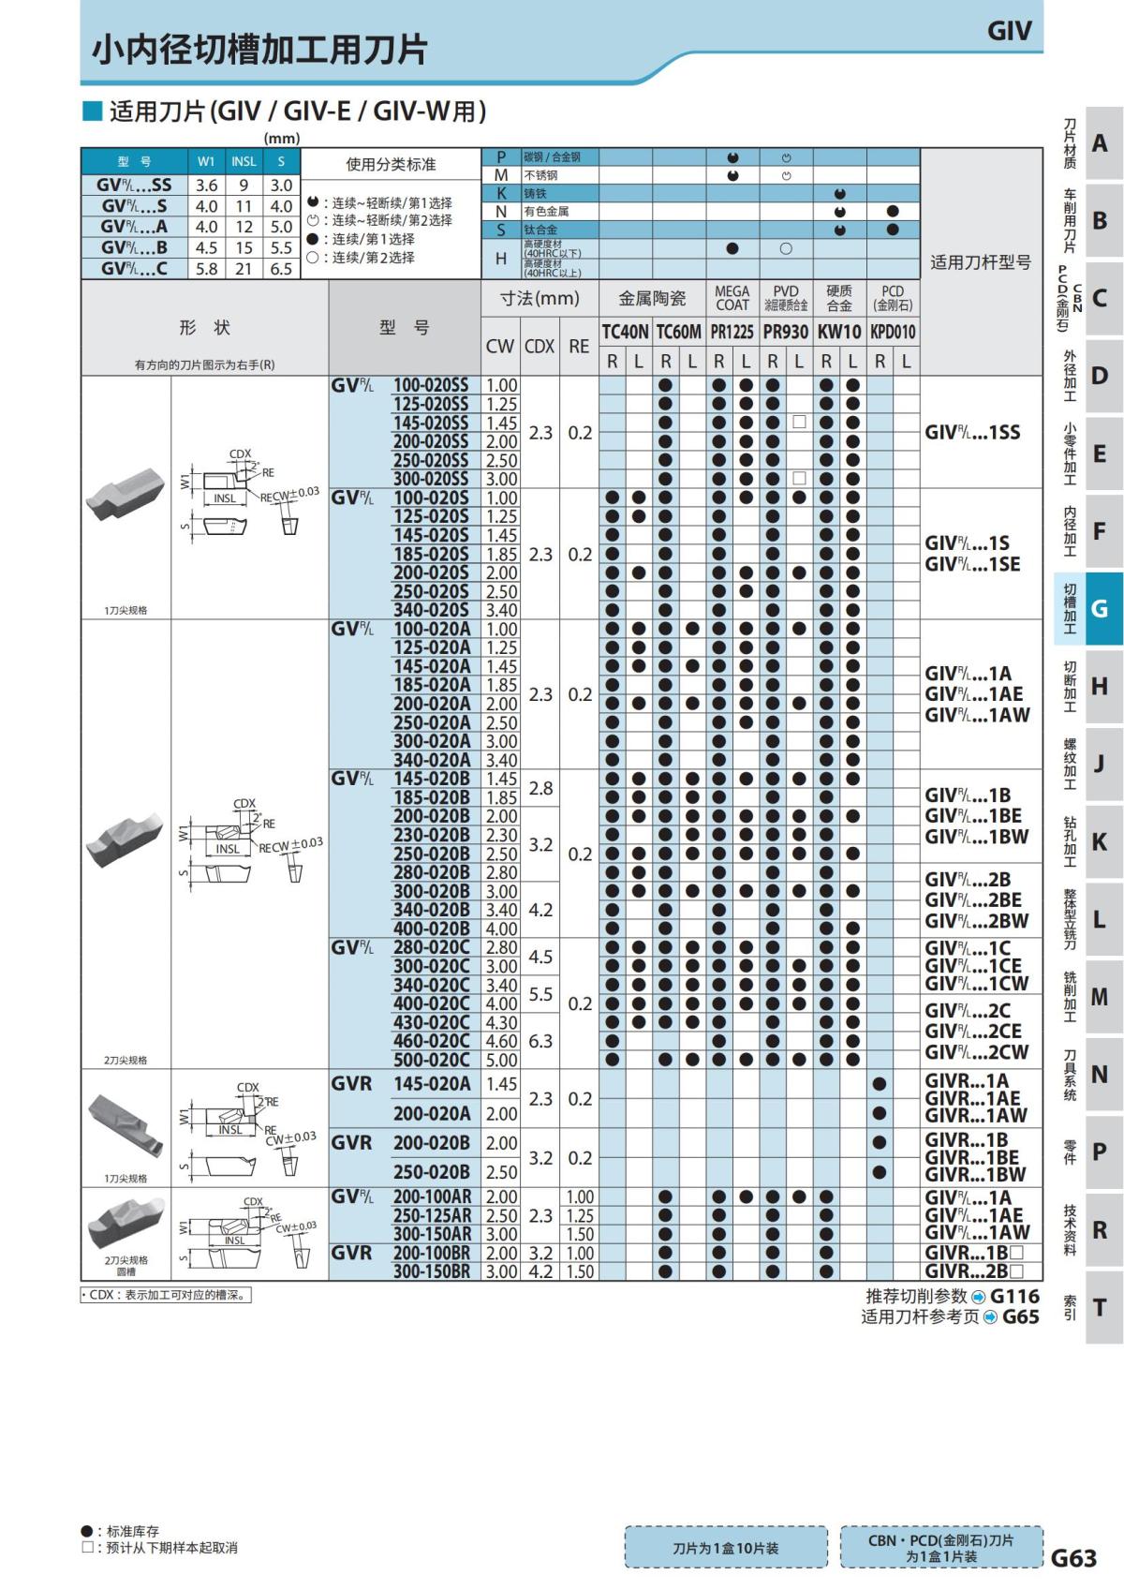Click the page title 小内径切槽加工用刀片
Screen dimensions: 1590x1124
259,50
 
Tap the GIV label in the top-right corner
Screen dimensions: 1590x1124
1009,31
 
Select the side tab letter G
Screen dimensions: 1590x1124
1100,609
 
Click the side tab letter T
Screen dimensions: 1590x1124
1100,1307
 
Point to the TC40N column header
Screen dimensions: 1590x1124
625,332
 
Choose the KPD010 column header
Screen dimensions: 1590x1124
893,332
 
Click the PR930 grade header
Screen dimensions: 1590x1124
785,332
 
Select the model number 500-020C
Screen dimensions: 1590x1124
431,1060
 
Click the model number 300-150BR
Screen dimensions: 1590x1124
432,1271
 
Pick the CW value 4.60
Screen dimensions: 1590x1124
501,1041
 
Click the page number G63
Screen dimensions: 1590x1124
1073,1557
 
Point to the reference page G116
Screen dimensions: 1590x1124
1014,1296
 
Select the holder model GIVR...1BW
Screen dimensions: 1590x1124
975,1174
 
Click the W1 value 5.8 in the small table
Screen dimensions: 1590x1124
206,269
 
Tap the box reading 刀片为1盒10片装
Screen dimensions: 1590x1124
725,1548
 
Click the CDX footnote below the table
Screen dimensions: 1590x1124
166,1295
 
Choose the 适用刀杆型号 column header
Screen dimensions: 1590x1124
981,262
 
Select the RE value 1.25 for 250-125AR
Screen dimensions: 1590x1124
580,1215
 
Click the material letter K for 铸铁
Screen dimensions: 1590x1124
501,193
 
